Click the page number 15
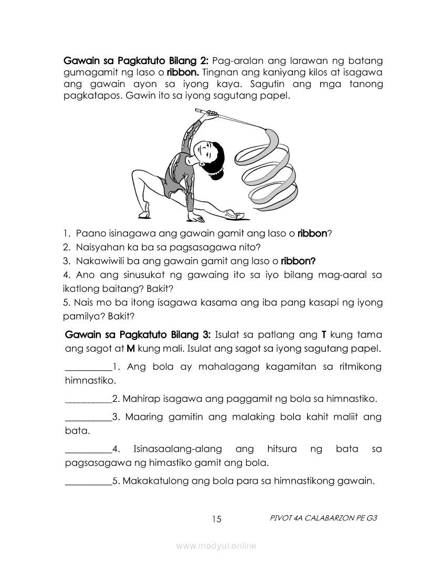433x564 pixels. click(x=217, y=519)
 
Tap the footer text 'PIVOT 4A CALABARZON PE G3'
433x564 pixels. click(x=323, y=518)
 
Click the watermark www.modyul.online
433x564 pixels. click(x=216, y=546)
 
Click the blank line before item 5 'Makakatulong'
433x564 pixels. click(x=88, y=481)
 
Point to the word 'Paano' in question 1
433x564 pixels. click(x=89, y=233)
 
